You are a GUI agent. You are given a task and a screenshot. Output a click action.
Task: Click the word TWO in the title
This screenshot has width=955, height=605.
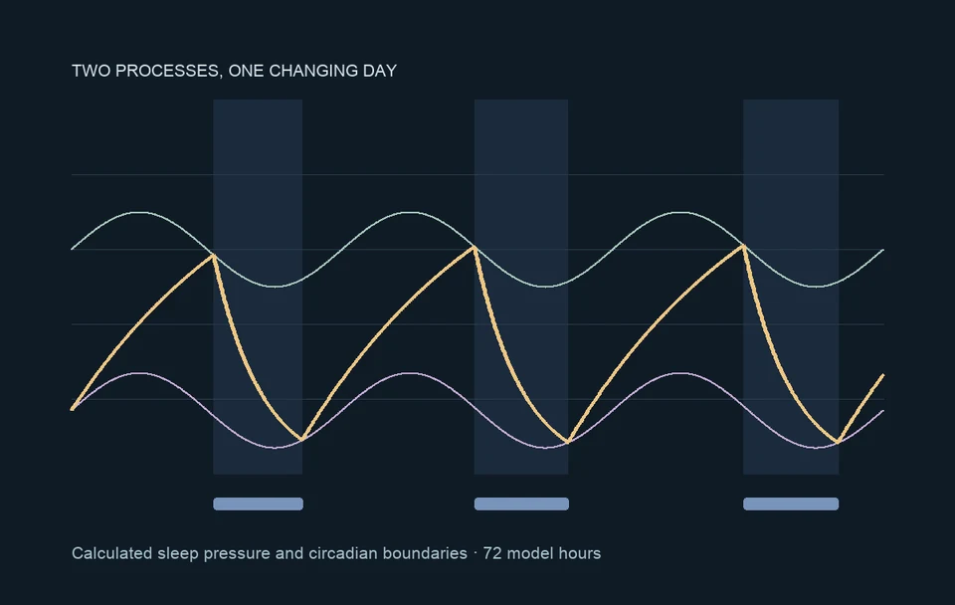tap(91, 71)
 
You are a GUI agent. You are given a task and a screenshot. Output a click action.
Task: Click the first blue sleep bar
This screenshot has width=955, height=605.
tap(259, 504)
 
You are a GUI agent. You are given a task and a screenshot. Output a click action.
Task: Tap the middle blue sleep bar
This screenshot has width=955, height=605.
tap(521, 504)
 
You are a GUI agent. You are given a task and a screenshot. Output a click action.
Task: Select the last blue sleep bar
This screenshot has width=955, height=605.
tap(791, 504)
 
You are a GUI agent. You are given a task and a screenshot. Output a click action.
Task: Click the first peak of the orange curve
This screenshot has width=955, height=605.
tap(213, 256)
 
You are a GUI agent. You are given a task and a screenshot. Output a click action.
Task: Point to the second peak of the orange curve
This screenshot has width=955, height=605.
tap(475, 247)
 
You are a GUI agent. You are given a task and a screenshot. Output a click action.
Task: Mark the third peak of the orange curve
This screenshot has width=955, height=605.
tap(744, 246)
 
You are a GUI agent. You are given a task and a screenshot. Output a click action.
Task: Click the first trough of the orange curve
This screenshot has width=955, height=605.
tap(302, 439)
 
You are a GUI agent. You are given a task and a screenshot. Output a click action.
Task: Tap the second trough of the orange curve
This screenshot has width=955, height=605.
tap(568, 442)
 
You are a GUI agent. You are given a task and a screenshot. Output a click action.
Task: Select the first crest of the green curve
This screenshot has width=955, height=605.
tap(139, 212)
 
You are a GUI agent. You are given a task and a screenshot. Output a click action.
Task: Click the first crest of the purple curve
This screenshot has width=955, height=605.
tap(139, 373)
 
